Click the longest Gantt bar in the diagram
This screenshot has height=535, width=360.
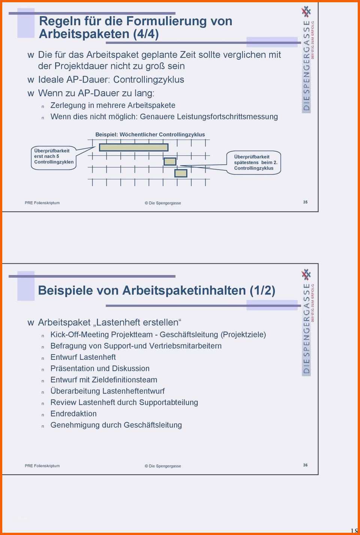[x=133, y=147]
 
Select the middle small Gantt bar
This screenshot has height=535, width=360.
[x=170, y=161]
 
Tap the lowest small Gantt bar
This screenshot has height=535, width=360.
[x=181, y=173]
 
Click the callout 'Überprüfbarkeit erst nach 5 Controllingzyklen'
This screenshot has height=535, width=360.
[x=54, y=158]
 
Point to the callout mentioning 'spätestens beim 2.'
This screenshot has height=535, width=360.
[x=253, y=162]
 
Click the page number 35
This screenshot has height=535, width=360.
[x=305, y=202]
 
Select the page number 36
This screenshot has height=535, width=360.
[x=305, y=465]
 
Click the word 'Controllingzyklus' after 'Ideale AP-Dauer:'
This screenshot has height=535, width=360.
[x=148, y=80]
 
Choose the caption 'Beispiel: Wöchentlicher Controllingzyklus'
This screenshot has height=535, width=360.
[x=150, y=134]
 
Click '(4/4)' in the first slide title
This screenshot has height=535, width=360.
[x=146, y=34]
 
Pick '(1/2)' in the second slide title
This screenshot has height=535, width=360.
[x=262, y=291]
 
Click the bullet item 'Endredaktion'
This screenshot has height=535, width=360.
[x=73, y=414]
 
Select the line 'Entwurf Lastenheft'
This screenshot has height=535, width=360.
[x=83, y=357]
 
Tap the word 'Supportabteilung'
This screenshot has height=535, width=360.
[x=168, y=403]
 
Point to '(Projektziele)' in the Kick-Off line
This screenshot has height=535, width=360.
[x=243, y=335]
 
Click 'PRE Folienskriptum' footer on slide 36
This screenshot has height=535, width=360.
[x=42, y=466]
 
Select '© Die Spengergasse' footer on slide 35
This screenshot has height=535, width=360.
[x=163, y=203]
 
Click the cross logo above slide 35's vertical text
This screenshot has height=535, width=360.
[x=306, y=12]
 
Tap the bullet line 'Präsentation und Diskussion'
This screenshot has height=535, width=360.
[x=100, y=368]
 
